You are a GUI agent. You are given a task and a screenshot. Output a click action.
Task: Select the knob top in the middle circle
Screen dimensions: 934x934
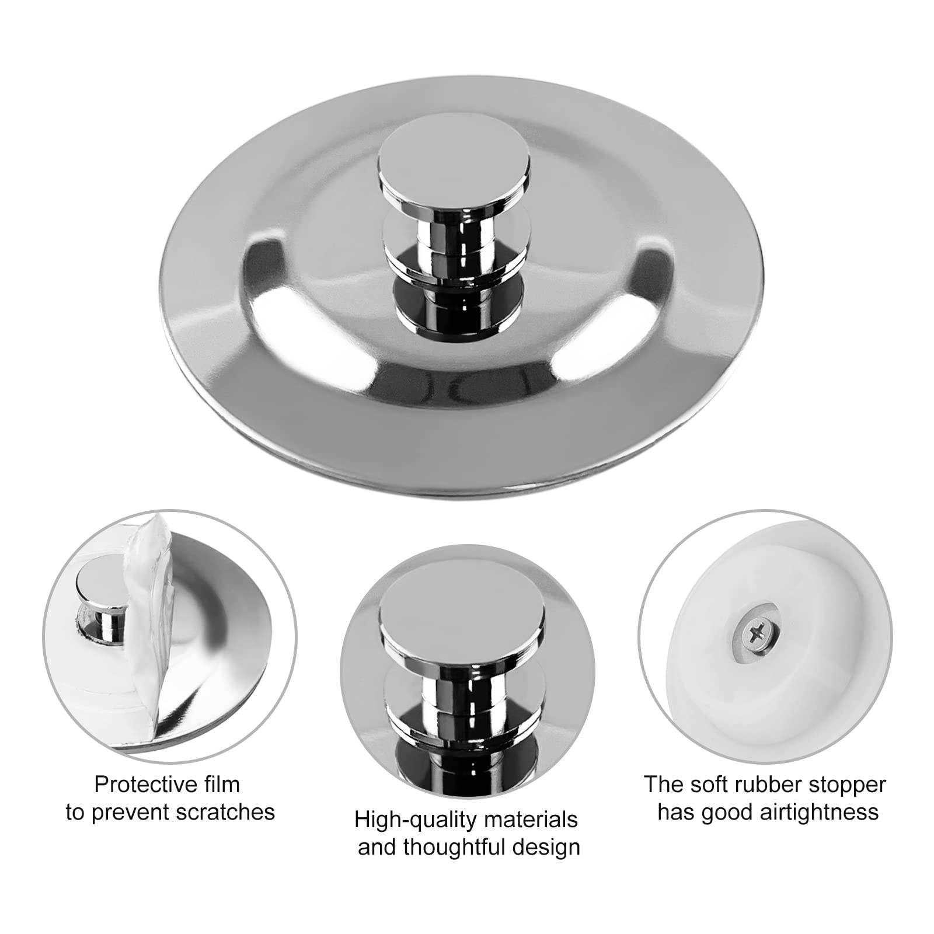[462, 616]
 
